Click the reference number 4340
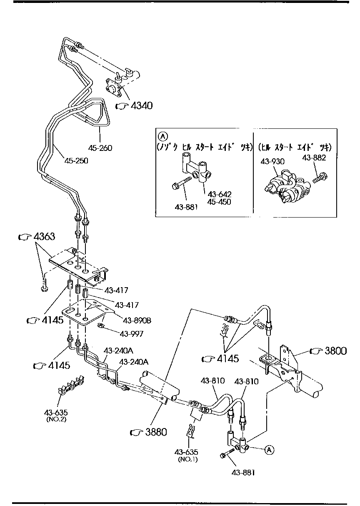(141, 106)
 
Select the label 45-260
(100, 148)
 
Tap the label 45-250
(76, 160)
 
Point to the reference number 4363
(43, 237)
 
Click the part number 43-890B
(137, 321)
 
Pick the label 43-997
(132, 333)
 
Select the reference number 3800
(335, 351)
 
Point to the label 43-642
(220, 194)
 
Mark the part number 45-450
(220, 202)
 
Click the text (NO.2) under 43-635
(56, 419)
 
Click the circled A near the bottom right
(269, 449)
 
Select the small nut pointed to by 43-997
(100, 326)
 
